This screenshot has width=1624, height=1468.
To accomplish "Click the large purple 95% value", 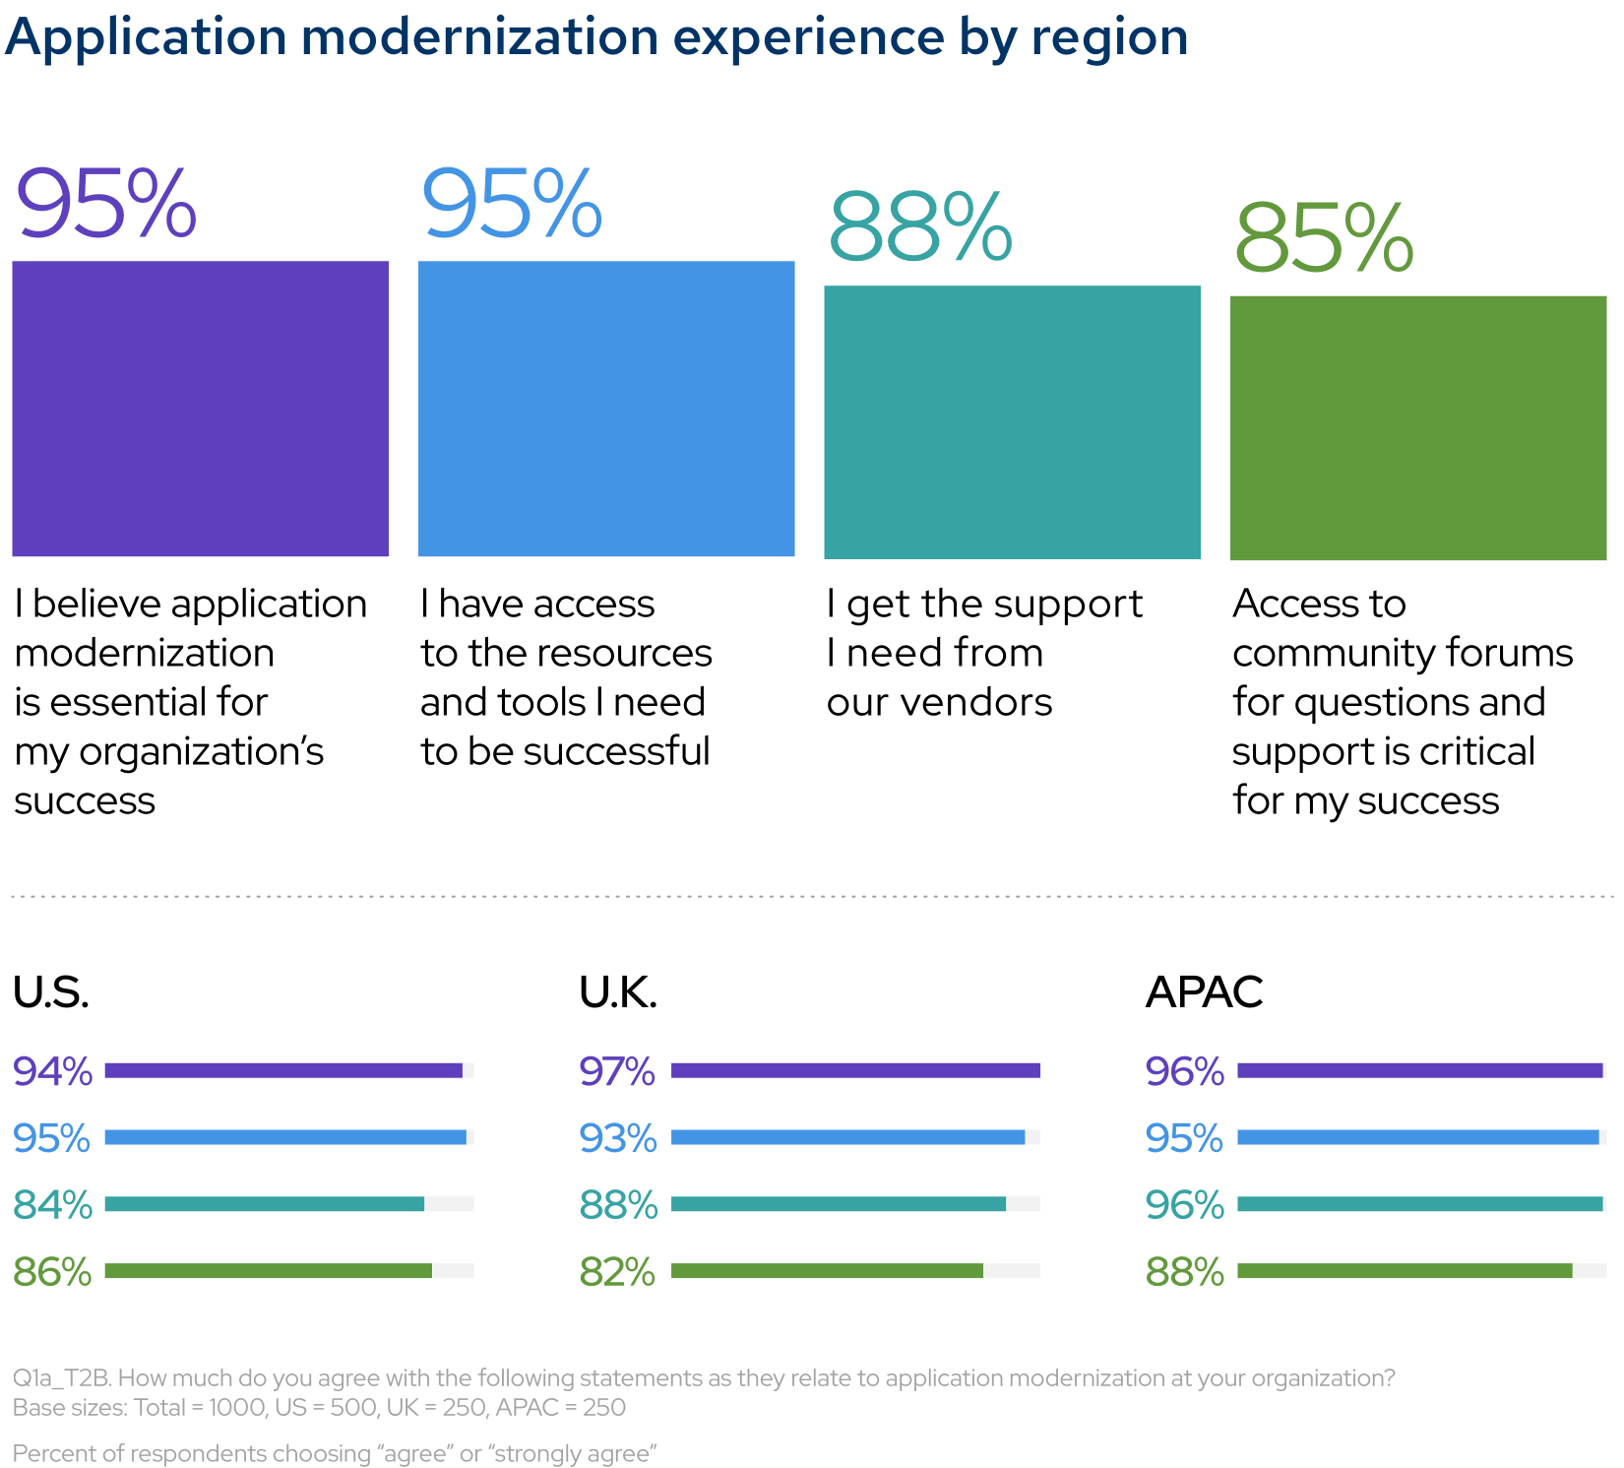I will (x=106, y=205).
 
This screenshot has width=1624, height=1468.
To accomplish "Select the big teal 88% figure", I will (x=919, y=228).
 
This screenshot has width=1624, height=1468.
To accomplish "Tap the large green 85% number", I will (x=1324, y=239).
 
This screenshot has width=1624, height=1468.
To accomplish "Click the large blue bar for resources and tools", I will (x=606, y=409).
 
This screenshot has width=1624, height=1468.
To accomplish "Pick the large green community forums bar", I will (x=1417, y=428).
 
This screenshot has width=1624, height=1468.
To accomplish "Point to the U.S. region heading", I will (x=51, y=992).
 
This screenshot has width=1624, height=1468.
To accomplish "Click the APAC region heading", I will (x=1204, y=992).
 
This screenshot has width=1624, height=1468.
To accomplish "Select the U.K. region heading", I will (x=618, y=992).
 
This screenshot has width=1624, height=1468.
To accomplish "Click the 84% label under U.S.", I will (x=53, y=1205).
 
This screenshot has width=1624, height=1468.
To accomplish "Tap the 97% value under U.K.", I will (x=617, y=1071).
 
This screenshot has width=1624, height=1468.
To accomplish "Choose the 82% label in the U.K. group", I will (x=617, y=1272).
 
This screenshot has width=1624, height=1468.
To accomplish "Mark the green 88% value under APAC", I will (x=1184, y=1272).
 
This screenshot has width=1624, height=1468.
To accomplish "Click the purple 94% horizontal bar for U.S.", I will (x=283, y=1070).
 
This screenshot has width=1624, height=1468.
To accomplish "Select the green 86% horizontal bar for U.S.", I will (x=268, y=1271).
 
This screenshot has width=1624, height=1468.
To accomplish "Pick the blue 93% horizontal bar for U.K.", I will (x=847, y=1137).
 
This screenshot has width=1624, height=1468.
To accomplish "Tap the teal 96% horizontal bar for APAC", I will (x=1419, y=1204).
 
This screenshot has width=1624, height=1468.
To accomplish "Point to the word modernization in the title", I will (x=479, y=37).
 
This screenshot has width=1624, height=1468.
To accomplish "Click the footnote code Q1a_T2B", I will (x=61, y=1378).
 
